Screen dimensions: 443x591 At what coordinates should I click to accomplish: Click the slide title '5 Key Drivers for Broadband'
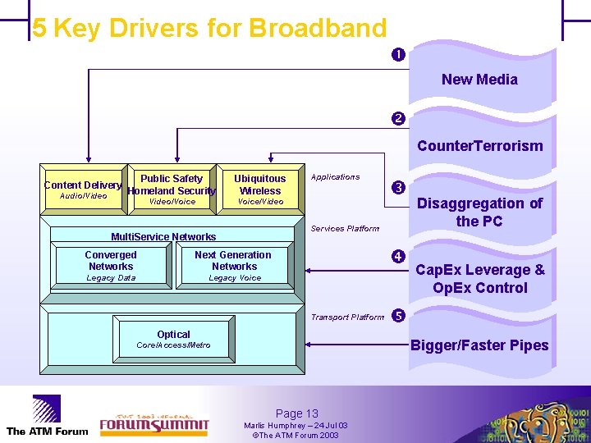click(x=209, y=28)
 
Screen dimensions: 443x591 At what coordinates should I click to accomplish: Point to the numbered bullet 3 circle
click(x=397, y=187)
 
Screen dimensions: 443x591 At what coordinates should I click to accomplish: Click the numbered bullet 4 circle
click(x=397, y=256)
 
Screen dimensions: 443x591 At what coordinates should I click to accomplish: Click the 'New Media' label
click(x=479, y=80)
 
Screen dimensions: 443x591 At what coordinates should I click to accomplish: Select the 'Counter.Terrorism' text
click(x=479, y=146)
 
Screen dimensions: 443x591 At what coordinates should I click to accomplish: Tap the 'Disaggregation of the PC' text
click(x=479, y=212)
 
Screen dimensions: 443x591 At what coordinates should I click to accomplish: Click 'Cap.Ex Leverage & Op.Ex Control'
click(x=479, y=279)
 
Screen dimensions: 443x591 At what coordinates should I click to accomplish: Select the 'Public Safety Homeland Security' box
click(x=172, y=190)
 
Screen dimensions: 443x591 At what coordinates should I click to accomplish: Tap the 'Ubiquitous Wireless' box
click(x=259, y=190)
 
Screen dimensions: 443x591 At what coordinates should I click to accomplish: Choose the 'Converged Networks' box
click(x=111, y=266)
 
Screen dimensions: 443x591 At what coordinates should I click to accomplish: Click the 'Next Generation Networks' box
click(x=234, y=266)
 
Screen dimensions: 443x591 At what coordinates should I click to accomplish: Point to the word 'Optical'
click(x=173, y=334)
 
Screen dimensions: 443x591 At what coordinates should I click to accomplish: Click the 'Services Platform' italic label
click(x=345, y=229)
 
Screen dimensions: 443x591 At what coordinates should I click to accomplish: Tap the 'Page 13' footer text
click(x=296, y=413)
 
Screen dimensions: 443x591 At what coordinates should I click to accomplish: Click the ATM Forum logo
click(x=47, y=415)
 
